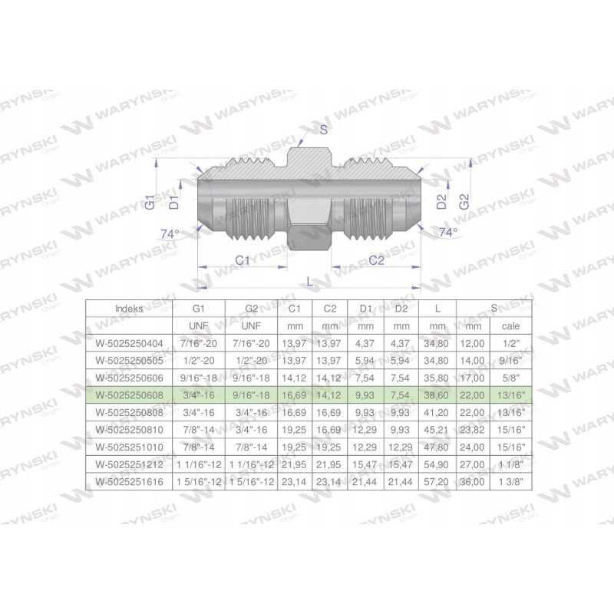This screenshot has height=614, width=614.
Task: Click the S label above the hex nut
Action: pos(323,129)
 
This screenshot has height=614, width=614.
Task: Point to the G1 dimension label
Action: pos(150,202)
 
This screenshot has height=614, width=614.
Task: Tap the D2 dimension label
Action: pos(441,202)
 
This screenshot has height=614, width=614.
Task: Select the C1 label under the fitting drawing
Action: pos(243,260)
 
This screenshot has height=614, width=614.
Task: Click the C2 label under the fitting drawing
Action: pos(376,260)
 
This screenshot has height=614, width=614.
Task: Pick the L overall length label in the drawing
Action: pos(310,282)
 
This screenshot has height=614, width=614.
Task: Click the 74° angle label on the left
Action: pos(170,234)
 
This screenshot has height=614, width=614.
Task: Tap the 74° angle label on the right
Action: pos(448,233)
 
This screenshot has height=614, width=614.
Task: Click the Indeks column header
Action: pos(129,309)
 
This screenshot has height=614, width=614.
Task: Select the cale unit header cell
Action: pos(510,325)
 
